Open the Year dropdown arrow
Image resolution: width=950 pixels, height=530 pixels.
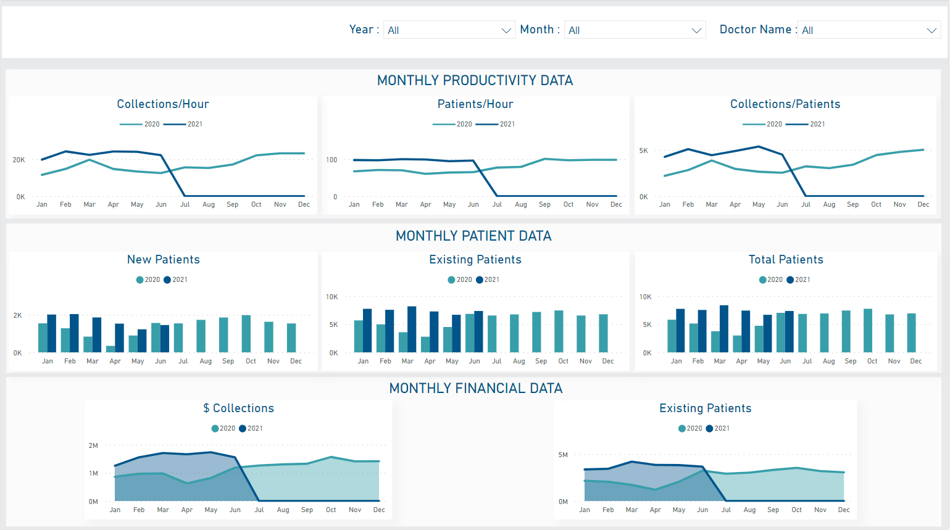click(506, 30)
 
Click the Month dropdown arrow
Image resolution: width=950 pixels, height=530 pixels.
click(696, 30)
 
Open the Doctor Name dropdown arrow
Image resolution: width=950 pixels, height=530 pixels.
click(931, 30)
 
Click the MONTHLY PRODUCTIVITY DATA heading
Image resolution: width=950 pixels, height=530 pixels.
click(475, 80)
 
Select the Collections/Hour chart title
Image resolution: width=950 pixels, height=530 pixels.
click(163, 104)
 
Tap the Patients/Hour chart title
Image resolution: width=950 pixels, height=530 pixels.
click(475, 104)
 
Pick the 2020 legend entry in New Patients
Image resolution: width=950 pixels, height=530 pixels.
click(148, 279)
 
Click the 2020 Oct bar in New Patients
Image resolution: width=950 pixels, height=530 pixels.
click(246, 334)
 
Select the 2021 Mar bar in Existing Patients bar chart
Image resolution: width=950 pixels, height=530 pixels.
click(412, 329)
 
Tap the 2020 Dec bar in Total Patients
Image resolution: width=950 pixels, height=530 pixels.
click(911, 333)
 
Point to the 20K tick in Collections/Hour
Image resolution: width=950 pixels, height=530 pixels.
click(19, 160)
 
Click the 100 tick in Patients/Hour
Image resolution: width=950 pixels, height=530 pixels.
click(331, 160)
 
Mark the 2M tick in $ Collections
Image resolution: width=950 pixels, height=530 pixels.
click(93, 445)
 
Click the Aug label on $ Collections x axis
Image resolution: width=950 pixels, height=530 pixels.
click(283, 510)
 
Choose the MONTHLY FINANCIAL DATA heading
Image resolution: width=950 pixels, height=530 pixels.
click(475, 388)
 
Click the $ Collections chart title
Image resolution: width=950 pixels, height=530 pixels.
click(238, 408)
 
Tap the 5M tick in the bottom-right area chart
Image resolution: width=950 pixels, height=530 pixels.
click(563, 455)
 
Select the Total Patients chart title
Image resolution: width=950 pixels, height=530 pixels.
click(786, 260)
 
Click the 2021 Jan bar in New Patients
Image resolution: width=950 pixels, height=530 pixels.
click(52, 334)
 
